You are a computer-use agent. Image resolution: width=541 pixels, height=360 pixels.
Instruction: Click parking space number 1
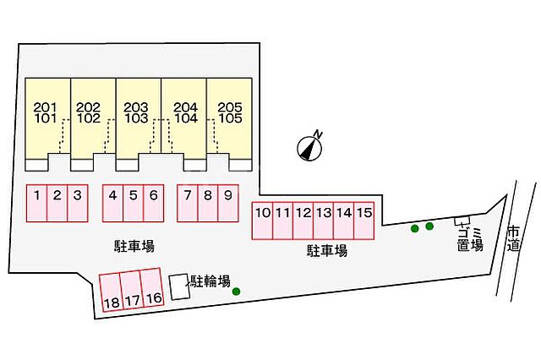pyautogui.click(x=36, y=203)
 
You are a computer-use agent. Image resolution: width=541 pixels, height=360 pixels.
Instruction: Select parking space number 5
pyautogui.click(x=134, y=203)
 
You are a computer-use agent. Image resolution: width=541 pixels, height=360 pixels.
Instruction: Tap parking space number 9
pyautogui.click(x=228, y=203)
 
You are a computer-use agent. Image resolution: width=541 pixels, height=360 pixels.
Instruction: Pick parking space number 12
pyautogui.click(x=303, y=221)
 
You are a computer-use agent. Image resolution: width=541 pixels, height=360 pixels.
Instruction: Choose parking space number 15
pyautogui.click(x=364, y=221)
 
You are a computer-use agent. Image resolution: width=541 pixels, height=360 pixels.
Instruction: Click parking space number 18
pyautogui.click(x=111, y=292)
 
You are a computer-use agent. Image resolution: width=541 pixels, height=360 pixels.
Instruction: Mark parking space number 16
pyautogui.click(x=152, y=287)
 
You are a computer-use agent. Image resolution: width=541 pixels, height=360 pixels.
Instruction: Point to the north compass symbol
pyautogui.click(x=310, y=147)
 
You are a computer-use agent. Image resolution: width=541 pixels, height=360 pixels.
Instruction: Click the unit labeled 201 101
pyautogui.click(x=48, y=124)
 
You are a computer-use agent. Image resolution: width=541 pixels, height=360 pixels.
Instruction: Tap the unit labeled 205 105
pyautogui.click(x=229, y=124)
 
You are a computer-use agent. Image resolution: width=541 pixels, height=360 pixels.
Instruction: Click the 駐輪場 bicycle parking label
pyautogui.click(x=210, y=281)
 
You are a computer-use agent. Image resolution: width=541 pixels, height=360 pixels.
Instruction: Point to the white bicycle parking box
pyautogui.click(x=179, y=286)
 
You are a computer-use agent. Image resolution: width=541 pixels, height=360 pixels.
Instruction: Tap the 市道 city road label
pyautogui.click(x=513, y=238)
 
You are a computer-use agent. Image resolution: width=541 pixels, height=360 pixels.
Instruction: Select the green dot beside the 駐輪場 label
pyautogui.click(x=236, y=292)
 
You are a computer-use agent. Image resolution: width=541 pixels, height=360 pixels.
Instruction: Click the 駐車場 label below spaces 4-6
pyautogui.click(x=134, y=246)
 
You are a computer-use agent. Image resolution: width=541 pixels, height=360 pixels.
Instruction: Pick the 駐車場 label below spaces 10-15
pyautogui.click(x=327, y=251)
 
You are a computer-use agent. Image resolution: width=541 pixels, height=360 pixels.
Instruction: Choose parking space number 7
pyautogui.click(x=188, y=203)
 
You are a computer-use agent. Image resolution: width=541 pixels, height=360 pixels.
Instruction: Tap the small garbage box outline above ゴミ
pyautogui.click(x=462, y=221)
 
